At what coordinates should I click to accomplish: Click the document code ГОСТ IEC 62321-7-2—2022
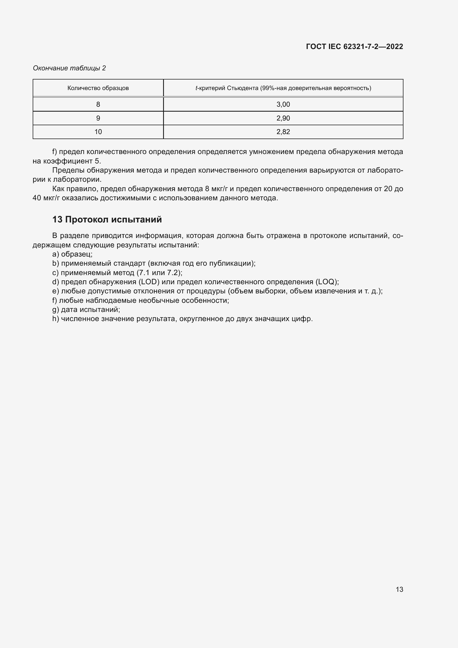coord(354,47)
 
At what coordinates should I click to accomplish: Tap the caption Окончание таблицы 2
coord(70,68)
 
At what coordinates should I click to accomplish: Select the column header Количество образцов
coord(98,88)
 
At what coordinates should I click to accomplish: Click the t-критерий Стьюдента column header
coord(283,88)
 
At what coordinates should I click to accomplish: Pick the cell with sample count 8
coord(98,104)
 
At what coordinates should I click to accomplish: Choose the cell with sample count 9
coord(98,118)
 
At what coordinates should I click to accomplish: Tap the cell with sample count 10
coord(98,132)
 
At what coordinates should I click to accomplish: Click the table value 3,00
coord(283,104)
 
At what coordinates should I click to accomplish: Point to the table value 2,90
coord(283,118)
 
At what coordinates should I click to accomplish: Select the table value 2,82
coord(283,132)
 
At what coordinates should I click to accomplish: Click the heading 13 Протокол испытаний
coord(107,220)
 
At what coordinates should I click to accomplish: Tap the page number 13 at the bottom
coord(399,589)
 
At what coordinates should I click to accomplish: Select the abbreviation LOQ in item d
coord(326,282)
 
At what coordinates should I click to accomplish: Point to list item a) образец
coord(73,254)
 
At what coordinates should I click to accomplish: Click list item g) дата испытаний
coord(86,310)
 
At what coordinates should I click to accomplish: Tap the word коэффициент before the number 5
coord(68,161)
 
